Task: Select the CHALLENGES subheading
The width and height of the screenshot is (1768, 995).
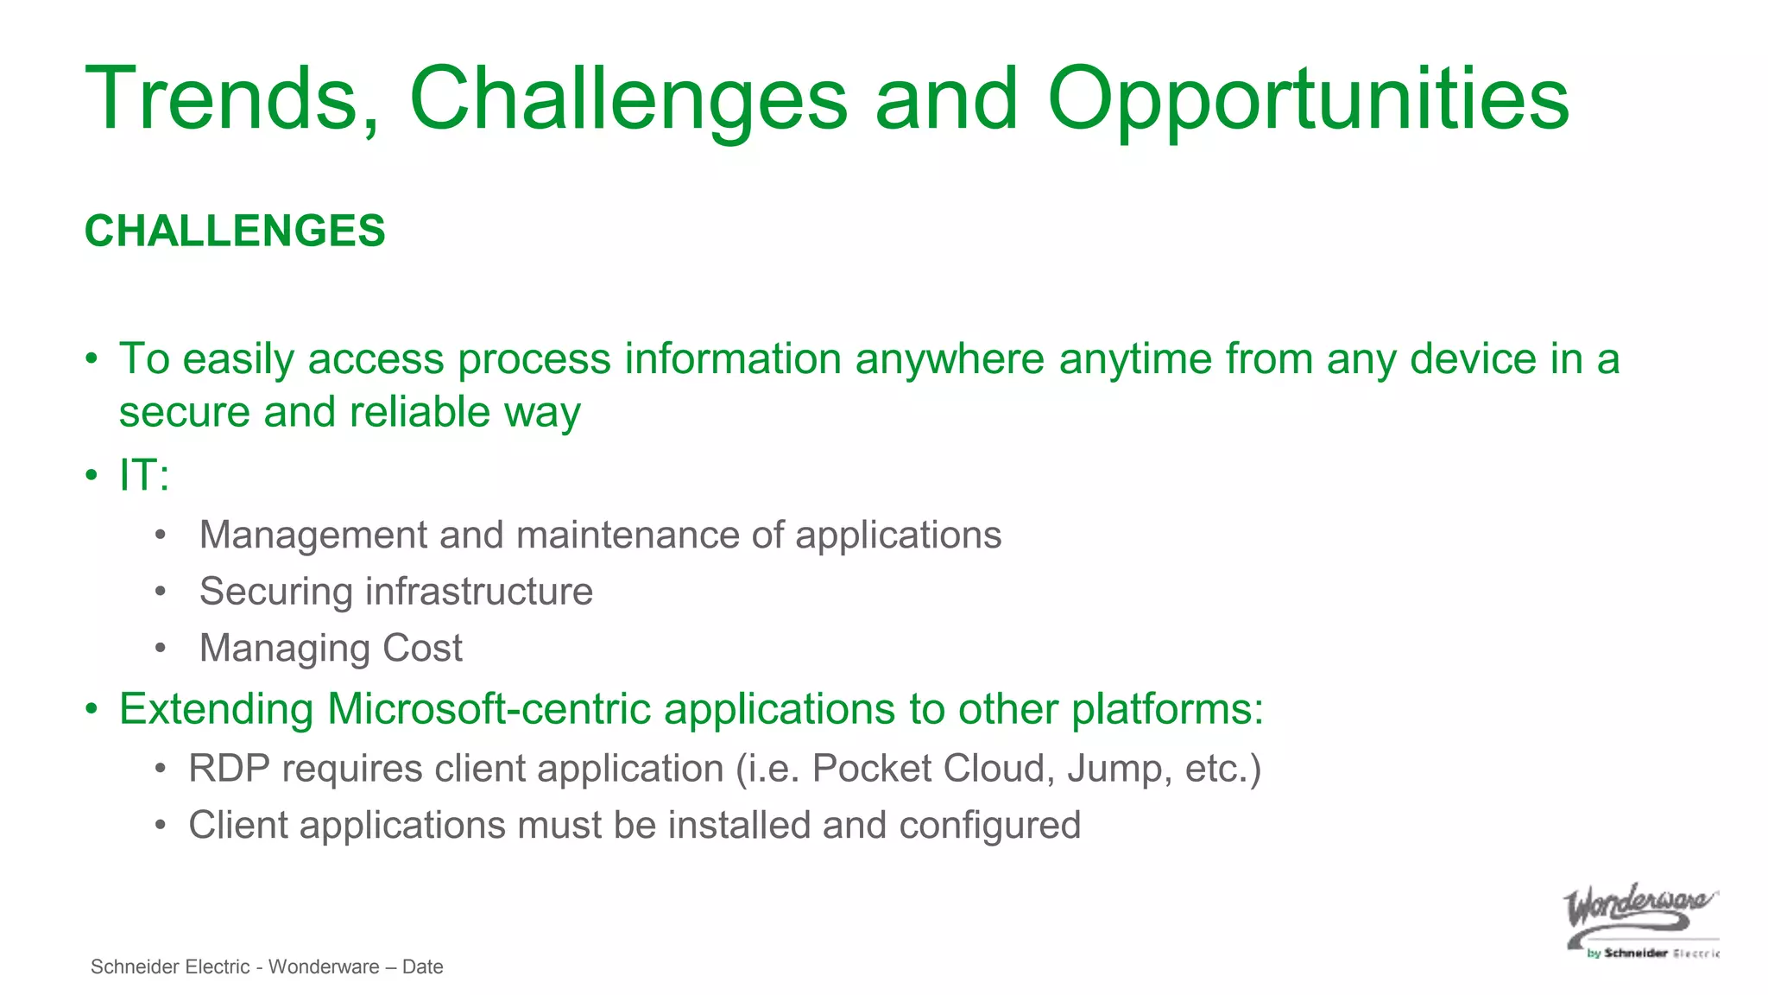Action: point(235,231)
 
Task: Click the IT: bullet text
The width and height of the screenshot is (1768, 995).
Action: point(144,476)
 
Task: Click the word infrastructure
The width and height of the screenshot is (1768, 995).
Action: point(479,593)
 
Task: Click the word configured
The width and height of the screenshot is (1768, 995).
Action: point(989,826)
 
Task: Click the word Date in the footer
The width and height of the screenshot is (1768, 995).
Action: point(422,967)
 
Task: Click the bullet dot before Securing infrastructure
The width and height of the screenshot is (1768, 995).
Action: point(160,593)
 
